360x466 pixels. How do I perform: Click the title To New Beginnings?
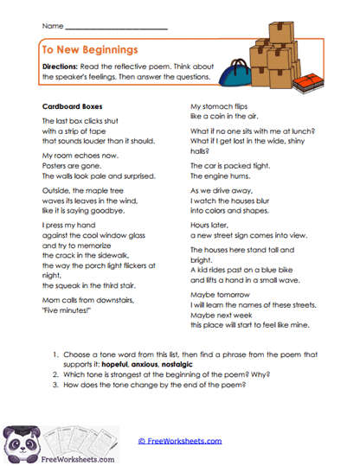coord(91,50)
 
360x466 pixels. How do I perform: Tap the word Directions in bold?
coord(62,67)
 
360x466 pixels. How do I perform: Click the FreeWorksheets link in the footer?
coord(178,441)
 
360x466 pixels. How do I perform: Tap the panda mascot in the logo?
coord(18,438)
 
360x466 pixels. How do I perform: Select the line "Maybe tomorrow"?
coord(216,295)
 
